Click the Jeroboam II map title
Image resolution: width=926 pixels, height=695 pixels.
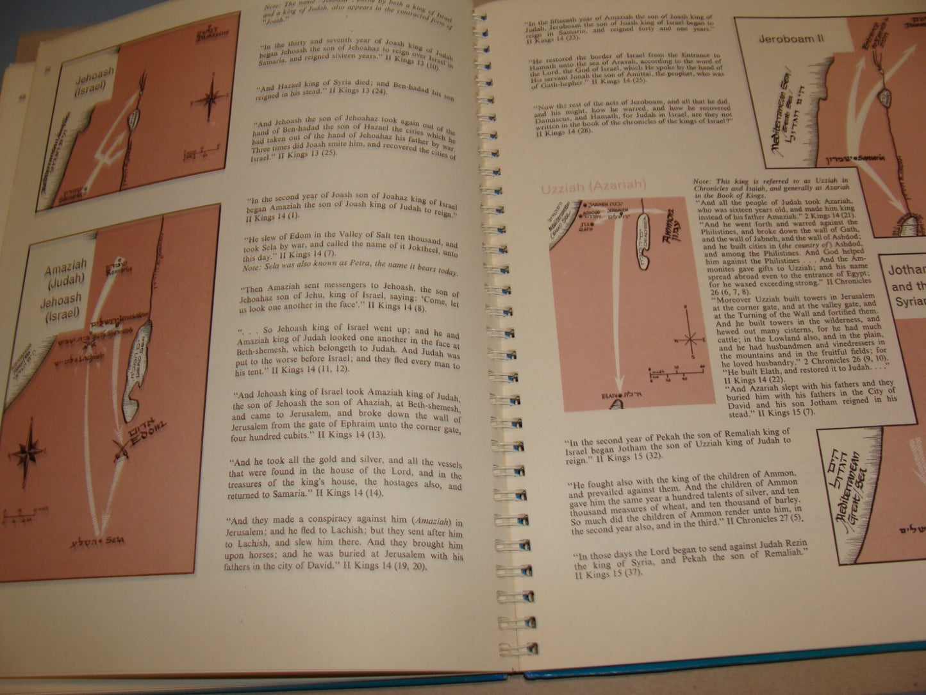791,38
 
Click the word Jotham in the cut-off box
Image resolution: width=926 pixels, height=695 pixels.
907,270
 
